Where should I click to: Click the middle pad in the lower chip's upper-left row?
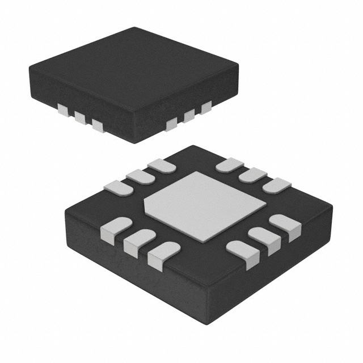[138, 176]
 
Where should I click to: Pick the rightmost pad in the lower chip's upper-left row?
[162, 166]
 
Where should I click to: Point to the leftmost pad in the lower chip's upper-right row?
[229, 165]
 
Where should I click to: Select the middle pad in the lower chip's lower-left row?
[140, 241]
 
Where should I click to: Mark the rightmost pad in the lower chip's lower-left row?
[163, 254]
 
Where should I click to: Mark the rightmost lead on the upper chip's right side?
[205, 106]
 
